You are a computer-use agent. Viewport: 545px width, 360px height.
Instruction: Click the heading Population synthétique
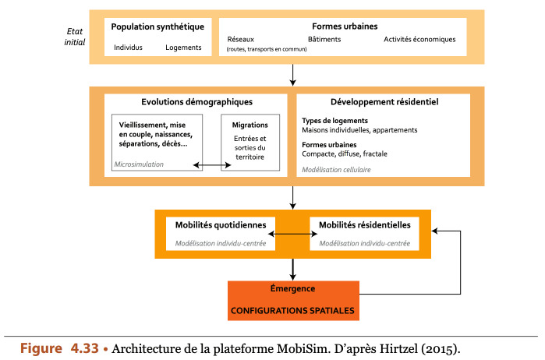[157, 27]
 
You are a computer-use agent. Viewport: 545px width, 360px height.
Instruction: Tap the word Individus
[128, 48]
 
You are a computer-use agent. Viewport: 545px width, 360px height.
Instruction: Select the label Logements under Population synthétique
[183, 48]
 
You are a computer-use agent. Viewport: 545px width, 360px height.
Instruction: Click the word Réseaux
[240, 39]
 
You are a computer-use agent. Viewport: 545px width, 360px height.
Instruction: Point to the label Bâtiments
[324, 39]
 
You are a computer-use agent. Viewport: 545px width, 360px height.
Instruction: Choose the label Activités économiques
[419, 39]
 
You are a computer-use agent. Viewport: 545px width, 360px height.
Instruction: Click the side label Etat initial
[75, 37]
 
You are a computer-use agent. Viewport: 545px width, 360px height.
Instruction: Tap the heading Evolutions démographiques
[196, 102]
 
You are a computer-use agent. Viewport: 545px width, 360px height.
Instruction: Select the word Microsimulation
[139, 164]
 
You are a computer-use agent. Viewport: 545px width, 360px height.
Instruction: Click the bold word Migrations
[250, 125]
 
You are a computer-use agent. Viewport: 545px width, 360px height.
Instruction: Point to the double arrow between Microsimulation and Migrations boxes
[212, 165]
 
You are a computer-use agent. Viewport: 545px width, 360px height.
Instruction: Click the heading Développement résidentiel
[384, 102]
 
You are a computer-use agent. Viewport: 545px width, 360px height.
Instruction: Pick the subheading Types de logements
[334, 121]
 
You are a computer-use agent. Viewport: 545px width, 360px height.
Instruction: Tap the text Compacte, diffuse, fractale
[345, 154]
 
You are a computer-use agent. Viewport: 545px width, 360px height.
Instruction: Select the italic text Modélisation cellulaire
[336, 170]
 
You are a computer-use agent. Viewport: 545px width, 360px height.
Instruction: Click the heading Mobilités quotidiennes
[221, 225]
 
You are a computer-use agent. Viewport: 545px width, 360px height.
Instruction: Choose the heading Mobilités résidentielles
[365, 225]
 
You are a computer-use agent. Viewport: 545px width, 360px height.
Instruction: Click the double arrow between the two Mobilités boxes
[292, 235]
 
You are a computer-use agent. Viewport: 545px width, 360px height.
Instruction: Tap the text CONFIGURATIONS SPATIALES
[292, 311]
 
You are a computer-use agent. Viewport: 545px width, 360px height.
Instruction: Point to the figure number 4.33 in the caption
[85, 348]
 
